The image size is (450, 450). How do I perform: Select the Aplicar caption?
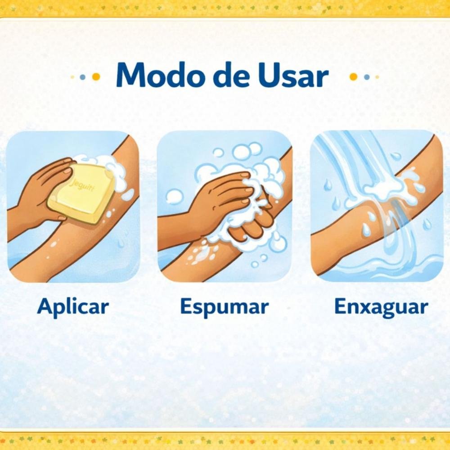(x=73, y=307)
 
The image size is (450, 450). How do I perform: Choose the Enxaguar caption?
(x=381, y=307)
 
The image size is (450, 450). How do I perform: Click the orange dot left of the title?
(x=96, y=77)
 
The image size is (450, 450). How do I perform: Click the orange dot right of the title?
(x=353, y=77)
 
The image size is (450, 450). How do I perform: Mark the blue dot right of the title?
(x=366, y=77)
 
